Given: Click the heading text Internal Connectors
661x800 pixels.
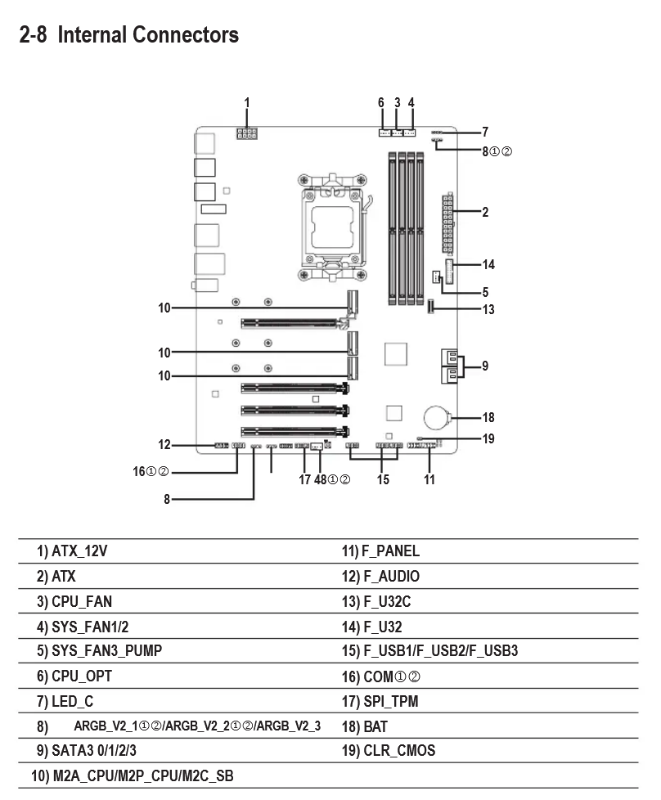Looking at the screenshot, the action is [x=148, y=34].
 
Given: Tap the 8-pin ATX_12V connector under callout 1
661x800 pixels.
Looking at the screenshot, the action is [x=246, y=133].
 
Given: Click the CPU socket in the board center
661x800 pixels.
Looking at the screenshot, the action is [x=332, y=227].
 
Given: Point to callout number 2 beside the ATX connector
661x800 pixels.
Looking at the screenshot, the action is [x=485, y=212].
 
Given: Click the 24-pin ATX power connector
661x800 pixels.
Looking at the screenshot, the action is [x=447, y=223].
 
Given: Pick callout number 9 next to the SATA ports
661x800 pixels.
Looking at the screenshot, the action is [x=485, y=366].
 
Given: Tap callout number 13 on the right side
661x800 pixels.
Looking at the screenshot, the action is [x=488, y=309].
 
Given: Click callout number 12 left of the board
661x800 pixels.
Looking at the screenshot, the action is [x=164, y=444].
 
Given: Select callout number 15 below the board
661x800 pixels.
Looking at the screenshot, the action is [x=383, y=479].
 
